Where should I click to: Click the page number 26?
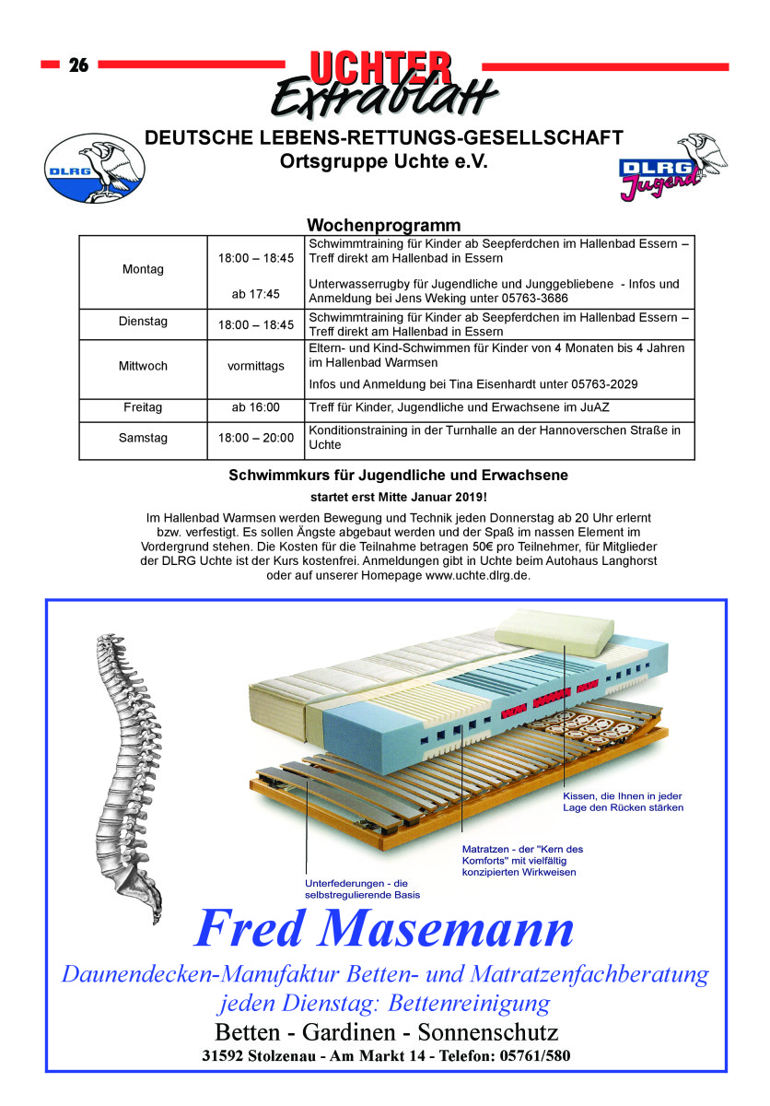coord(78,65)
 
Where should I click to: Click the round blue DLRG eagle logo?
coord(96,168)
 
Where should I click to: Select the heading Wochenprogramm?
coord(383,226)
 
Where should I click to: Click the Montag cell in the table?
coord(143,270)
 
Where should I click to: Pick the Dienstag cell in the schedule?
coord(143,323)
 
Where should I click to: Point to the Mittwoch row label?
coord(143,366)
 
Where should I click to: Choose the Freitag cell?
coord(143,407)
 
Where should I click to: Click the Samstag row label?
coord(143,439)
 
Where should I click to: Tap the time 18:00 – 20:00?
coord(256,439)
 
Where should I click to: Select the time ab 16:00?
coord(256,407)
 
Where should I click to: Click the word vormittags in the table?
coord(256,366)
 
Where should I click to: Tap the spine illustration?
coord(121,774)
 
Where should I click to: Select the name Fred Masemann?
coord(385,928)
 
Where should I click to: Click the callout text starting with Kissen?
coord(622,802)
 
